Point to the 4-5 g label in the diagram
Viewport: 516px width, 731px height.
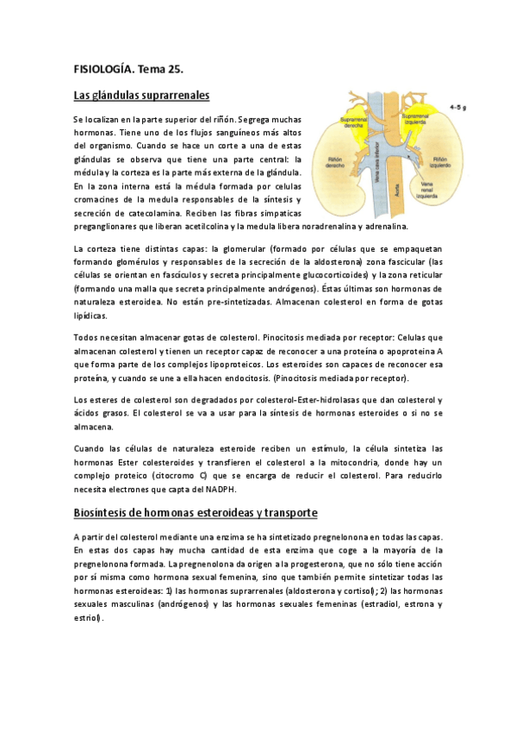[457, 108]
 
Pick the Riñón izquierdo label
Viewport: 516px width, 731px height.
[440, 162]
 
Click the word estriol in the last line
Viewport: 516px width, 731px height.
[86, 617]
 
